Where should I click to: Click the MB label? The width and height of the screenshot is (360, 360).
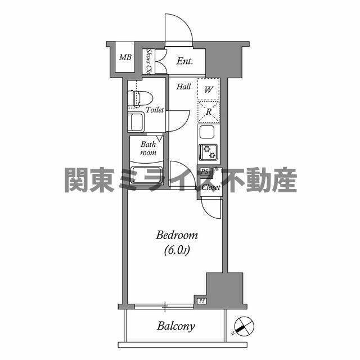[125, 57]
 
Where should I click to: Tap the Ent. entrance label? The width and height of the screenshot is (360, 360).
[185, 61]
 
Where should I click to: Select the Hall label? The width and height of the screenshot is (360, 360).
[184, 87]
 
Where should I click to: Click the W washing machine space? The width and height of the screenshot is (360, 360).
[209, 89]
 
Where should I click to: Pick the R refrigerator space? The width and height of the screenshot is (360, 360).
[209, 112]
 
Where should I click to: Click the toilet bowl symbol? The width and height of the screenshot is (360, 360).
[140, 99]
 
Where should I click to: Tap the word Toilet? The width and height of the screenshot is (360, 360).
[155, 110]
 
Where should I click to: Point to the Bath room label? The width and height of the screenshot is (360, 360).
[148, 148]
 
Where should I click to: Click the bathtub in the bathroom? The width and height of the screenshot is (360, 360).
[146, 175]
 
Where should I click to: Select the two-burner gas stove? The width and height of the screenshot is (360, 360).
[208, 152]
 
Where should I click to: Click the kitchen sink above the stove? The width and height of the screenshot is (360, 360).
[207, 132]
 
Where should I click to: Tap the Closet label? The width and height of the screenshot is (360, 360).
[211, 187]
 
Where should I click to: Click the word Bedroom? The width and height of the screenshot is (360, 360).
[177, 236]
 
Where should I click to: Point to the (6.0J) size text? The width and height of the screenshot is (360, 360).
[177, 250]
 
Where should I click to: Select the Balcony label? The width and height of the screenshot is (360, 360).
[176, 326]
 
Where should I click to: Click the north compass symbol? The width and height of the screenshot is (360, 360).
[244, 326]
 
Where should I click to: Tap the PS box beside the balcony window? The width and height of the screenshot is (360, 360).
[201, 301]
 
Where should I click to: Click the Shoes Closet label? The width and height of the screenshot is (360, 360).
[149, 61]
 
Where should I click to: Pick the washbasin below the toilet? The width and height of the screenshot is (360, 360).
[136, 123]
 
